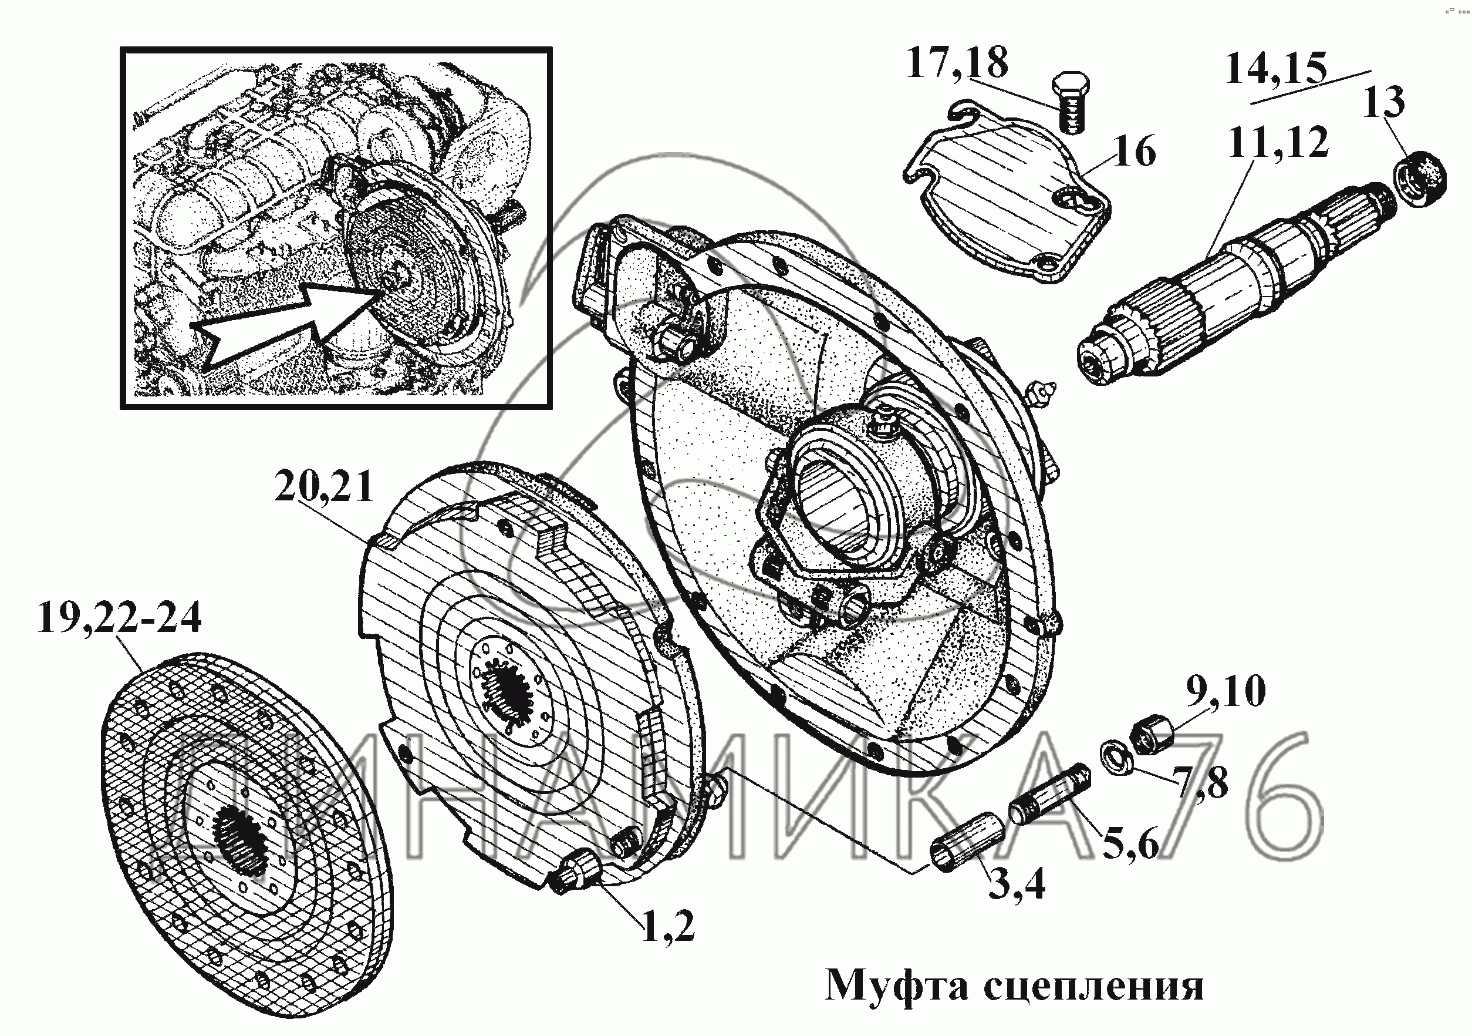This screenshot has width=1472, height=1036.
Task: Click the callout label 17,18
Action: [x=957, y=63]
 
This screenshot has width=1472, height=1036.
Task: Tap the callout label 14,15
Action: [x=1275, y=69]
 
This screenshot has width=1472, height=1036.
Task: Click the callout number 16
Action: [x=1135, y=152]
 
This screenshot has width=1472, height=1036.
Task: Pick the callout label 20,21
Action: [x=324, y=488]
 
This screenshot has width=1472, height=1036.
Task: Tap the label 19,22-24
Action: [x=119, y=618]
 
